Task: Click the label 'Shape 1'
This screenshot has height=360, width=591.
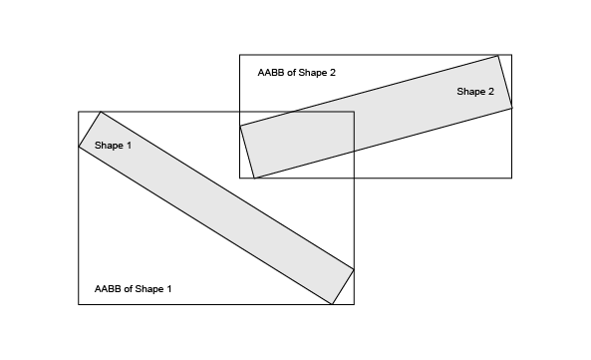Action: (x=113, y=146)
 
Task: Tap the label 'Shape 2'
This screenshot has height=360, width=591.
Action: (x=475, y=91)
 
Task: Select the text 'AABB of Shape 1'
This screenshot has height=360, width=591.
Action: (x=134, y=289)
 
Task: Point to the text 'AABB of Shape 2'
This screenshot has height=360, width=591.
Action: (x=297, y=73)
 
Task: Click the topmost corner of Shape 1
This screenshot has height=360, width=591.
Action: (x=101, y=112)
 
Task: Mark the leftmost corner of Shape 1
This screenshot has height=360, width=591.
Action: (x=79, y=147)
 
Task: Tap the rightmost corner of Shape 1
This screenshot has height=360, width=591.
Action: (x=354, y=269)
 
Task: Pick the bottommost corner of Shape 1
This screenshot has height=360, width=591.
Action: (x=332, y=304)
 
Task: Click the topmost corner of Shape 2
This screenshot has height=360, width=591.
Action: (x=498, y=56)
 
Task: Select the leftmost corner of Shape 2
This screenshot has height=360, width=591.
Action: (x=240, y=126)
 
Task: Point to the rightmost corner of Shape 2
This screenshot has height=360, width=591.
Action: (x=512, y=108)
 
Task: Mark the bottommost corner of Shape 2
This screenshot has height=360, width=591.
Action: (x=254, y=178)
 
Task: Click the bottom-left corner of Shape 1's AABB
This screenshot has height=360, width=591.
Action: (x=79, y=304)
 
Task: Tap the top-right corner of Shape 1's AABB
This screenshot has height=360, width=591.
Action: (x=354, y=112)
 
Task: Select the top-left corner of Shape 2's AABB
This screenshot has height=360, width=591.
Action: (x=240, y=55)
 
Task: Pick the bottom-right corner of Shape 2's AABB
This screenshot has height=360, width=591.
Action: (x=512, y=178)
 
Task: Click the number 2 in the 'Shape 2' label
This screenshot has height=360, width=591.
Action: (x=490, y=91)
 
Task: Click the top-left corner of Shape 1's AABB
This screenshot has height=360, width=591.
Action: (x=79, y=112)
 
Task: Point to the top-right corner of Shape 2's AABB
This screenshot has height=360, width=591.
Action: (x=512, y=55)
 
